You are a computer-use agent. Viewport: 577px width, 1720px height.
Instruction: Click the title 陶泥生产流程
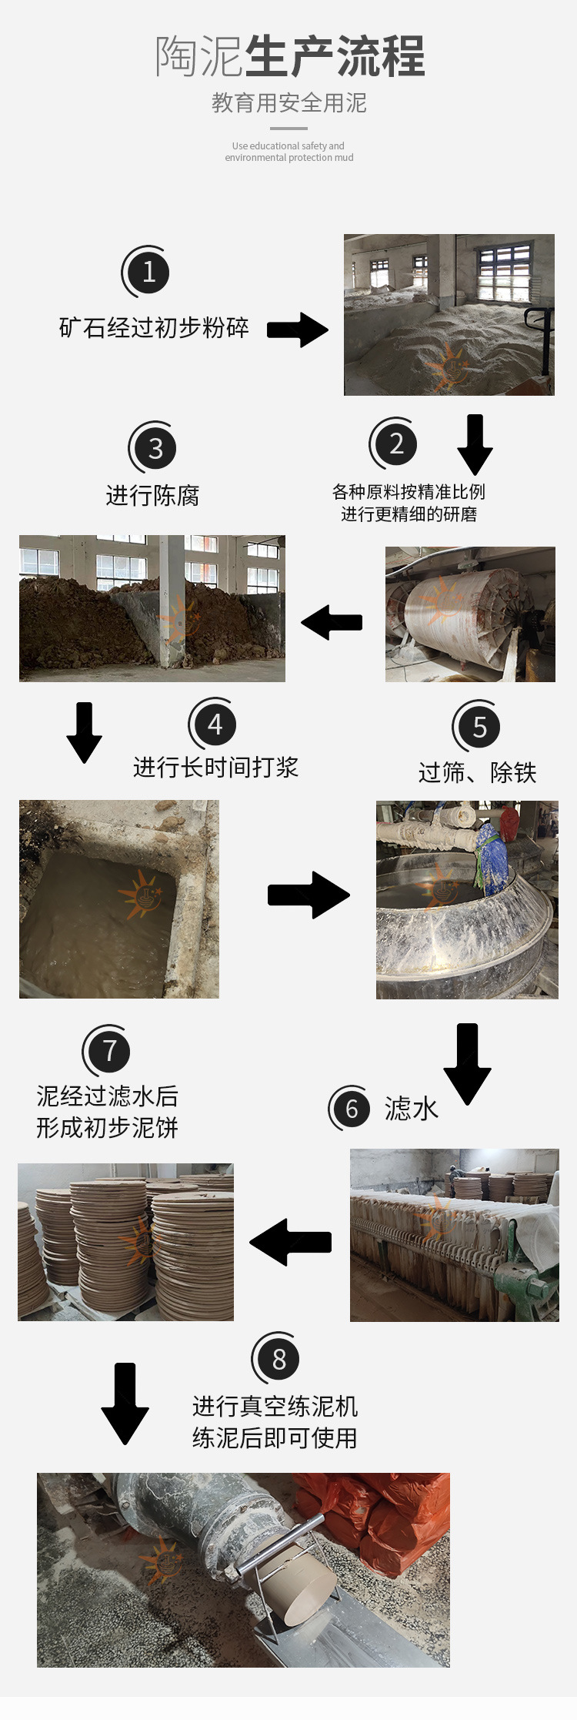tap(289, 57)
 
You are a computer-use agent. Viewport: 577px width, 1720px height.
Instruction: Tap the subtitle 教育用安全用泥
tap(289, 102)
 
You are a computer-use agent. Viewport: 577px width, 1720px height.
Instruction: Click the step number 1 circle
tap(148, 272)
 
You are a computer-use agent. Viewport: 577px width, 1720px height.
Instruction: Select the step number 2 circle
tap(396, 444)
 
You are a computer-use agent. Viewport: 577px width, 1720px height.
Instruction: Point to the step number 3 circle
tap(155, 449)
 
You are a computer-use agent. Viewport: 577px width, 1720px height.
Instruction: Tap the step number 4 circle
tap(215, 724)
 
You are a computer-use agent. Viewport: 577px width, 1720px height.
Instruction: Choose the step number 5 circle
tap(479, 728)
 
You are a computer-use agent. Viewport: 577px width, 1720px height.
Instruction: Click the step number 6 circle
tap(352, 1109)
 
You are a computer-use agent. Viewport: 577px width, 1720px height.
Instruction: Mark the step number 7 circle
tap(109, 1051)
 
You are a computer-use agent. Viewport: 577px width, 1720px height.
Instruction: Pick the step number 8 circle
tap(278, 1360)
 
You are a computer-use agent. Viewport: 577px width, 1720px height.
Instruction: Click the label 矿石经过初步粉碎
tap(154, 328)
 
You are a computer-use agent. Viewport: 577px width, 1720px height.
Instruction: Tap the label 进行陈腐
tap(152, 496)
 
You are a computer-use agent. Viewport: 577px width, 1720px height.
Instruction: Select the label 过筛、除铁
tap(477, 772)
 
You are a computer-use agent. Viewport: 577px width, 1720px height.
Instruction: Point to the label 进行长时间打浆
tap(215, 768)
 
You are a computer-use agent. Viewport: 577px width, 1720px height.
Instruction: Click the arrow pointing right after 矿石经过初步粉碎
tap(298, 330)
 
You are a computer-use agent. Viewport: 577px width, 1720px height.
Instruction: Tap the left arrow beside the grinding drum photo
tap(332, 622)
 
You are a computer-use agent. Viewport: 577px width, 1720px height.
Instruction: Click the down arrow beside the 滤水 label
tap(467, 1063)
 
